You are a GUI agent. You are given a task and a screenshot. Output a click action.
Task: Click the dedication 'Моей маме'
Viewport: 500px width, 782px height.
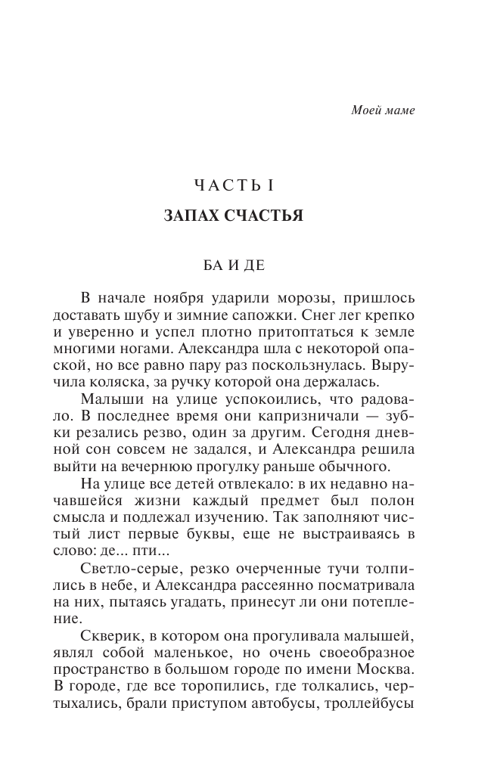(384, 110)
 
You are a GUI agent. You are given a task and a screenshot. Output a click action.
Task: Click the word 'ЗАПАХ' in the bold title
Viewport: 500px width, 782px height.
(191, 216)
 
